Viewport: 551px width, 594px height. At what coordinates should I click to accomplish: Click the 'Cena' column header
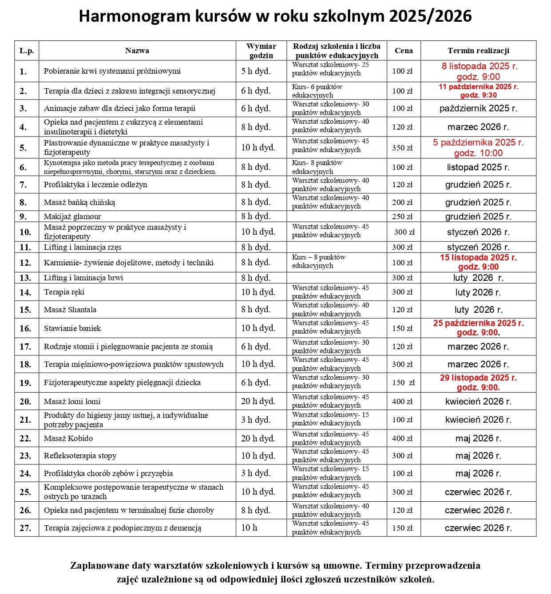coord(403,51)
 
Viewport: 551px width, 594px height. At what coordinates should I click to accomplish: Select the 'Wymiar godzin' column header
coord(261,51)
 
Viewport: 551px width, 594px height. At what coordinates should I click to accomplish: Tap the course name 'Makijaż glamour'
coord(72,216)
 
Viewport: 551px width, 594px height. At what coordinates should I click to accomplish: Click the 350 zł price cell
coord(402,148)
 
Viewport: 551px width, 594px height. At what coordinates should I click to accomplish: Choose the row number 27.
coord(25,528)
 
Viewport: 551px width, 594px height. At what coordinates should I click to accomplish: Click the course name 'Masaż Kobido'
coord(68,438)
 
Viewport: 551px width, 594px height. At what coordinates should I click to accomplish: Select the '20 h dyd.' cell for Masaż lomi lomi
coord(258,401)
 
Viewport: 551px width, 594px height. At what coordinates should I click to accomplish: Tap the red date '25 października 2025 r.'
coord(478,323)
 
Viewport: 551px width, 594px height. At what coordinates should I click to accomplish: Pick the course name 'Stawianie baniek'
coord(72,328)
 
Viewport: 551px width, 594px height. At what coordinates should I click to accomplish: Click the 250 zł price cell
coord(402,216)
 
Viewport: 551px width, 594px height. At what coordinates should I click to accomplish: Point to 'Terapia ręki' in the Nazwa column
coord(64,292)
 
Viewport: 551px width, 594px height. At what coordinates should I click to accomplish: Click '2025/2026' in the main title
coord(430,16)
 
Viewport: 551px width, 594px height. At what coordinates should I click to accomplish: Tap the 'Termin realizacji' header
coord(478,51)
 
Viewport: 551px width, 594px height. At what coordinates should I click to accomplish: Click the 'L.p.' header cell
coord(27,51)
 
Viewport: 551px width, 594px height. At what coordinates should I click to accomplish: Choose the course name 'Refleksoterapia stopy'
coord(80,456)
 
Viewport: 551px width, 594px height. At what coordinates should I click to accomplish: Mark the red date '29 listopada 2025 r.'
coord(478,378)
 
